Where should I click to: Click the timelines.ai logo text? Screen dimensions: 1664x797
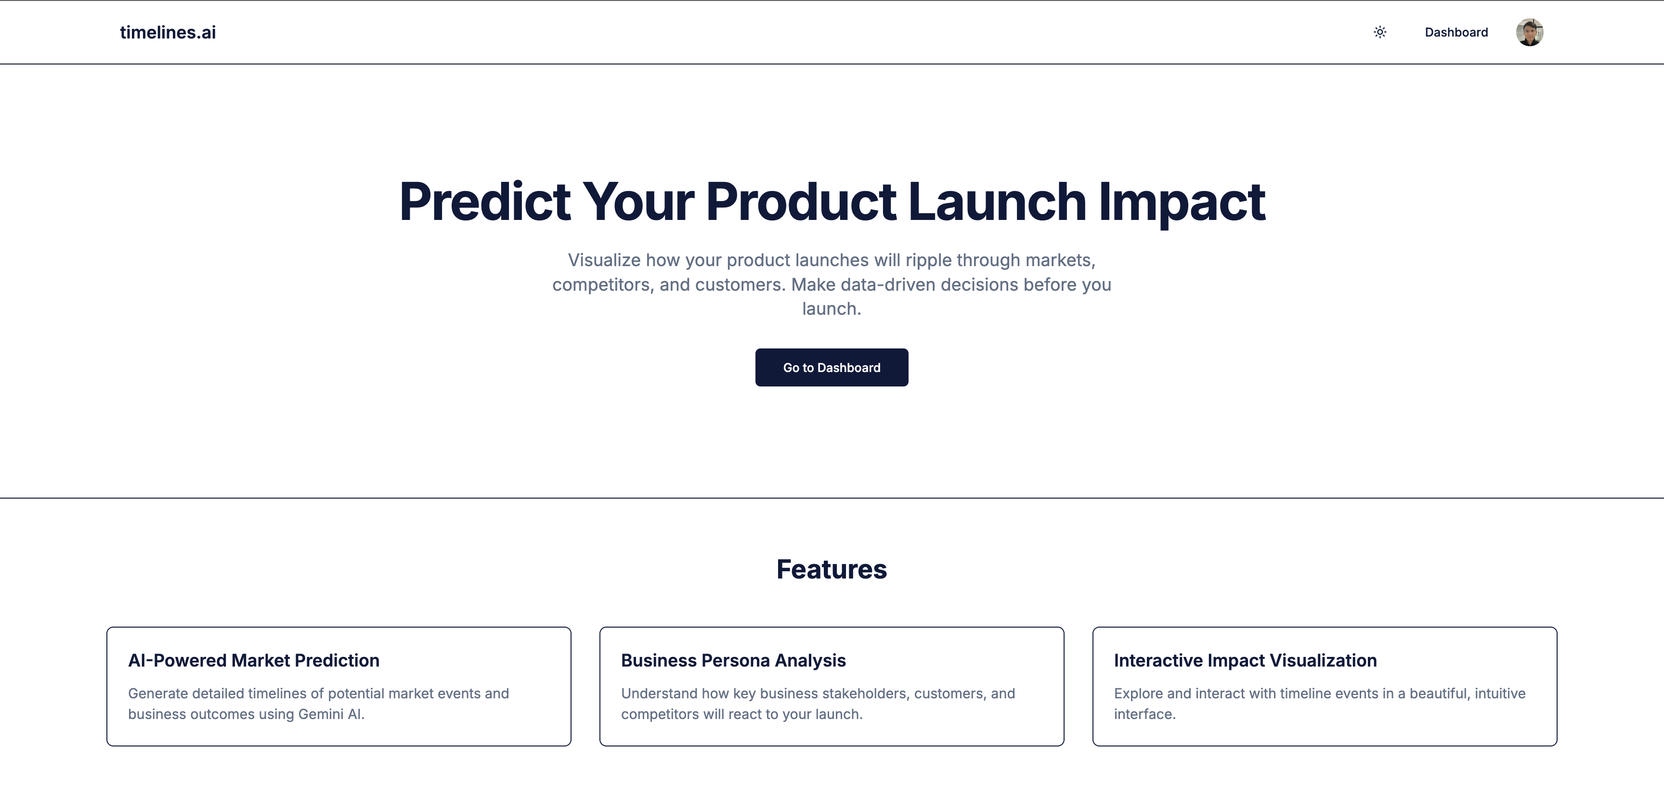(168, 32)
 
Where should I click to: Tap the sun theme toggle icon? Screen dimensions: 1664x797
(1380, 32)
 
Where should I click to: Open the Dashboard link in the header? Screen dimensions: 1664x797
(1456, 32)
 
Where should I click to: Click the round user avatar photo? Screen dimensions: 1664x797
(1530, 32)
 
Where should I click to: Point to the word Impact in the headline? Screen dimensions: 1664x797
(1182, 203)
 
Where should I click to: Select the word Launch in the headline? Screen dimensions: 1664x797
(997, 202)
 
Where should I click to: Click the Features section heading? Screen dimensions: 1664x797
(832, 569)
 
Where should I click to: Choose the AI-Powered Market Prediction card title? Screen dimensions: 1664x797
(254, 660)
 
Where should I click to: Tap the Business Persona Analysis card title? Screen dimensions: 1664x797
(733, 660)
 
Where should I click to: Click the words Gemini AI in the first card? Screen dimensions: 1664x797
(331, 714)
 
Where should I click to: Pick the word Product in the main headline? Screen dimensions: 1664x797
(801, 202)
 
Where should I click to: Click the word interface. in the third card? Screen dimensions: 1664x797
(1144, 714)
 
